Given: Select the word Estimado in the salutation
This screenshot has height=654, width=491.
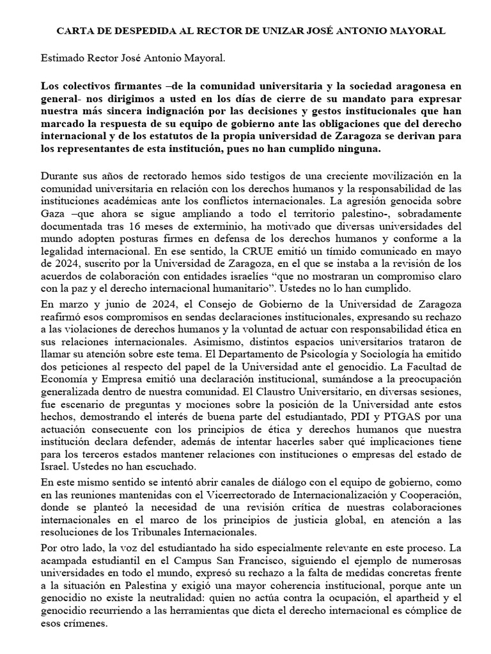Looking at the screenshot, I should click(61, 59).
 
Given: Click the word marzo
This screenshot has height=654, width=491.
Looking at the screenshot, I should click(70, 306).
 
